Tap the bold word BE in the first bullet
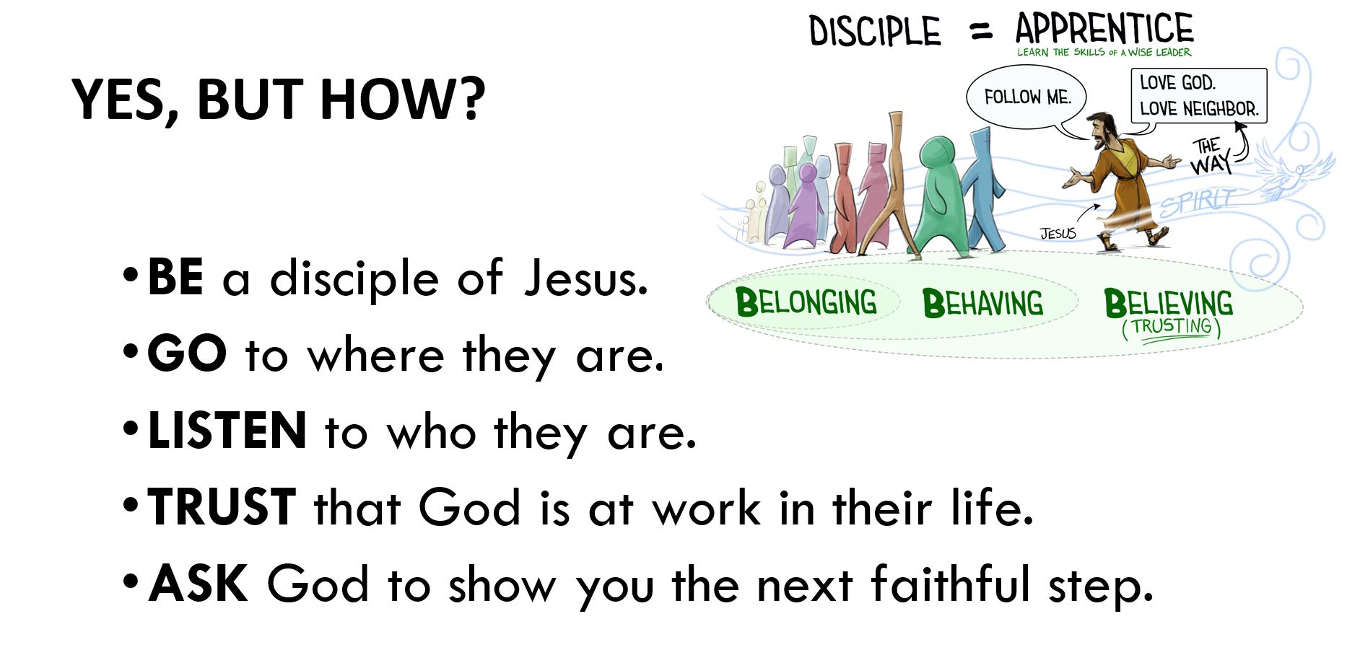(x=175, y=277)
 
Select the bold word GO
(x=187, y=353)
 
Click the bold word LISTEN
(x=227, y=431)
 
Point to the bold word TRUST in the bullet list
(x=222, y=506)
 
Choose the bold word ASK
(x=199, y=583)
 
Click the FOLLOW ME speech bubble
(x=1026, y=97)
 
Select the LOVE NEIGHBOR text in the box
(x=1199, y=109)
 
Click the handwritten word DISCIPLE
(x=875, y=32)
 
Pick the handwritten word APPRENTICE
(x=1104, y=29)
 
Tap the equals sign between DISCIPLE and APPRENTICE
(x=981, y=32)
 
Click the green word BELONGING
(x=806, y=302)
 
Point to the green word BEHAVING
(x=982, y=303)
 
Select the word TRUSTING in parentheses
(x=1171, y=327)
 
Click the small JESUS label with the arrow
(x=1058, y=233)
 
